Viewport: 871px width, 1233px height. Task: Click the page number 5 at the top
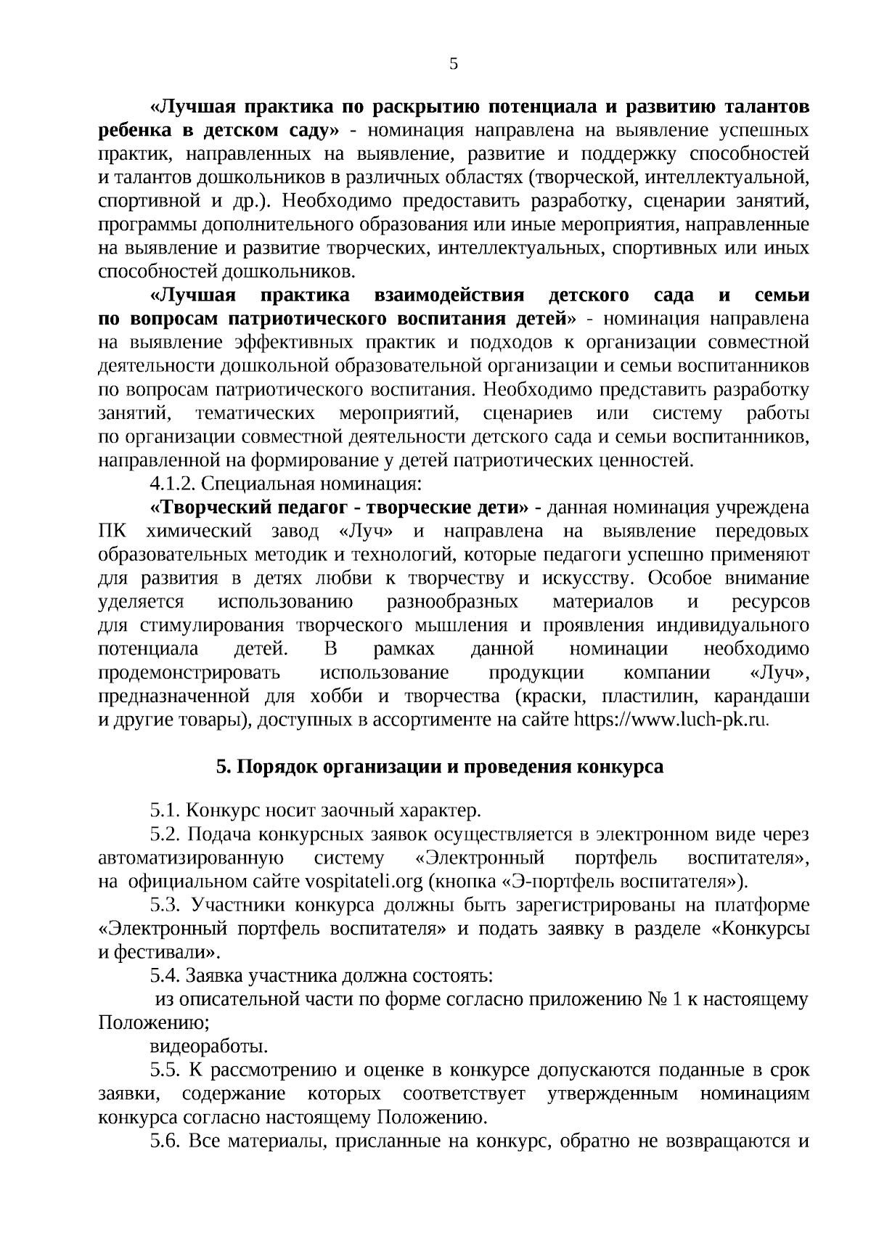(454, 64)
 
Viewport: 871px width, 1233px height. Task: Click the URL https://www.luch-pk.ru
(671, 720)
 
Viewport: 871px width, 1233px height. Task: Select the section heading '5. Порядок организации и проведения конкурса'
(440, 767)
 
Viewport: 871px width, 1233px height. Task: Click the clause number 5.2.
(165, 834)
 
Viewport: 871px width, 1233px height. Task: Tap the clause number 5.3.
(165, 906)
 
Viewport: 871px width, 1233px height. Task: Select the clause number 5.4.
(165, 976)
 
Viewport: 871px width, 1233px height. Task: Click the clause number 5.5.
(165, 1070)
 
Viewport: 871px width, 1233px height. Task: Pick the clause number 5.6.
(165, 1141)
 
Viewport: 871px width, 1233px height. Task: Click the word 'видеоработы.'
(208, 1046)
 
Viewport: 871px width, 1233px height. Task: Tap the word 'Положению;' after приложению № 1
(154, 1023)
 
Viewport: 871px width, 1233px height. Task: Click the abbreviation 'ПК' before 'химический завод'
(113, 531)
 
